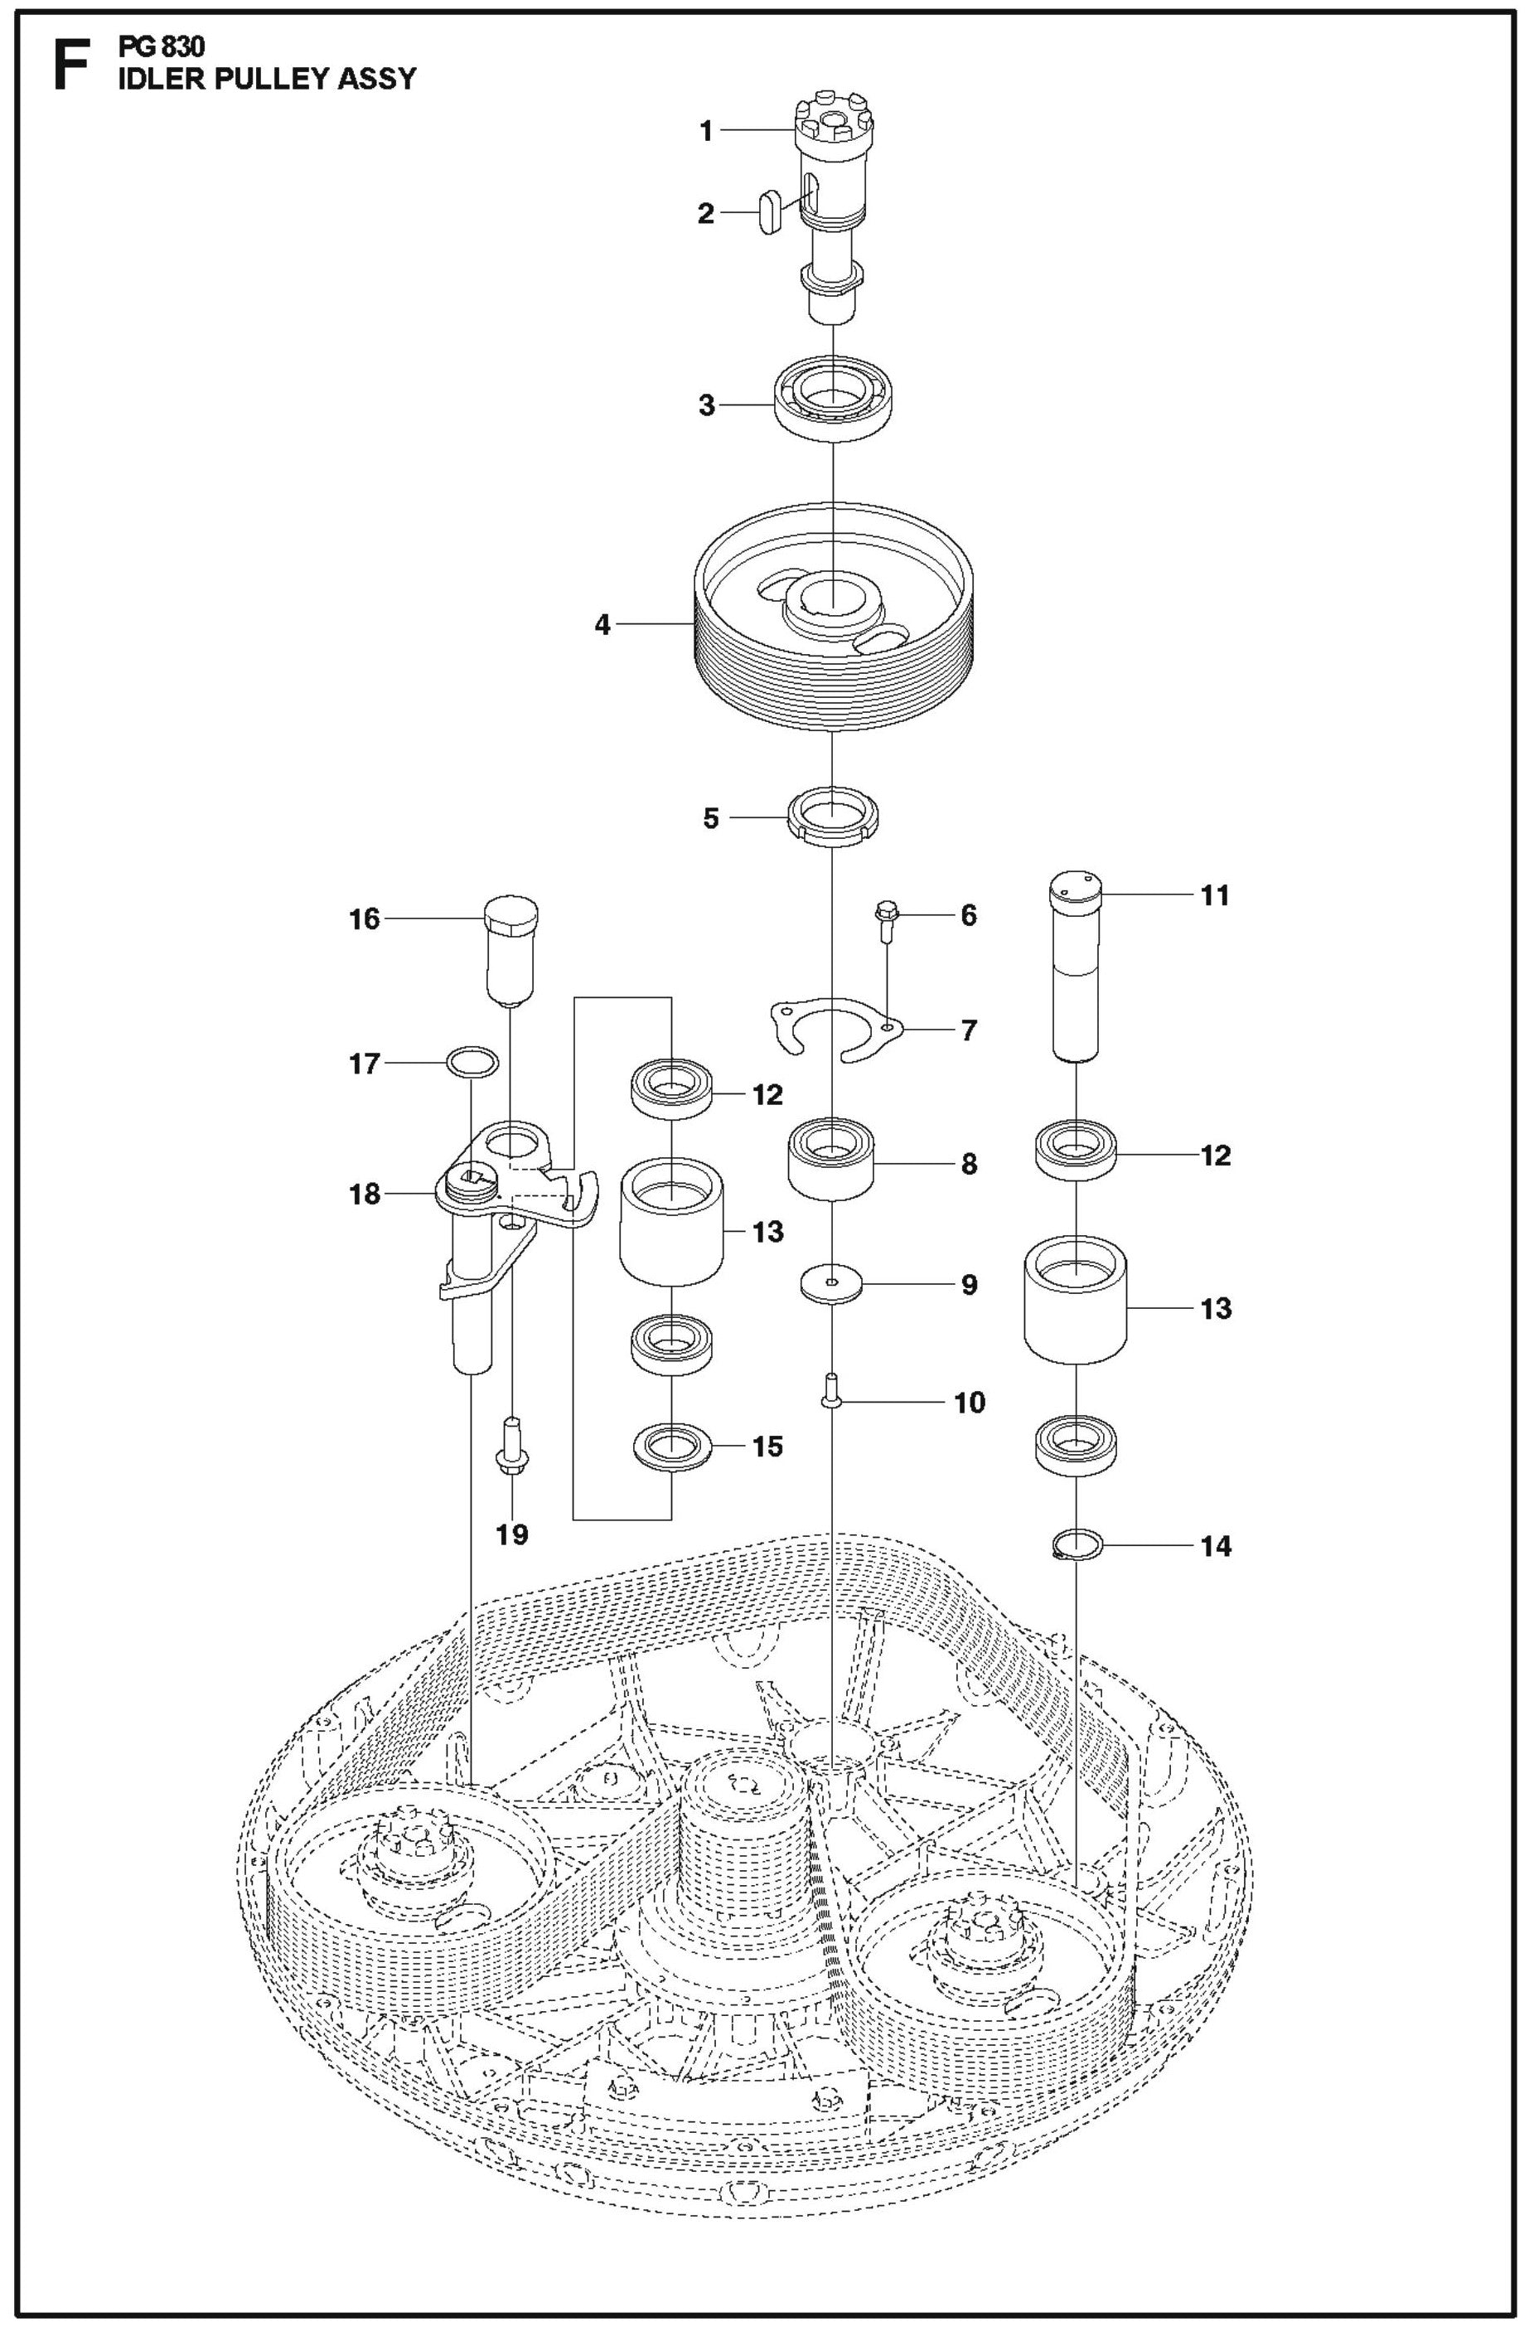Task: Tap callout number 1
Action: (705, 130)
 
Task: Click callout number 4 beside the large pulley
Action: (602, 623)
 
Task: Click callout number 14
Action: (1215, 1546)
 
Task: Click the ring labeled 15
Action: (671, 1447)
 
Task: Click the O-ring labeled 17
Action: (472, 1062)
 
